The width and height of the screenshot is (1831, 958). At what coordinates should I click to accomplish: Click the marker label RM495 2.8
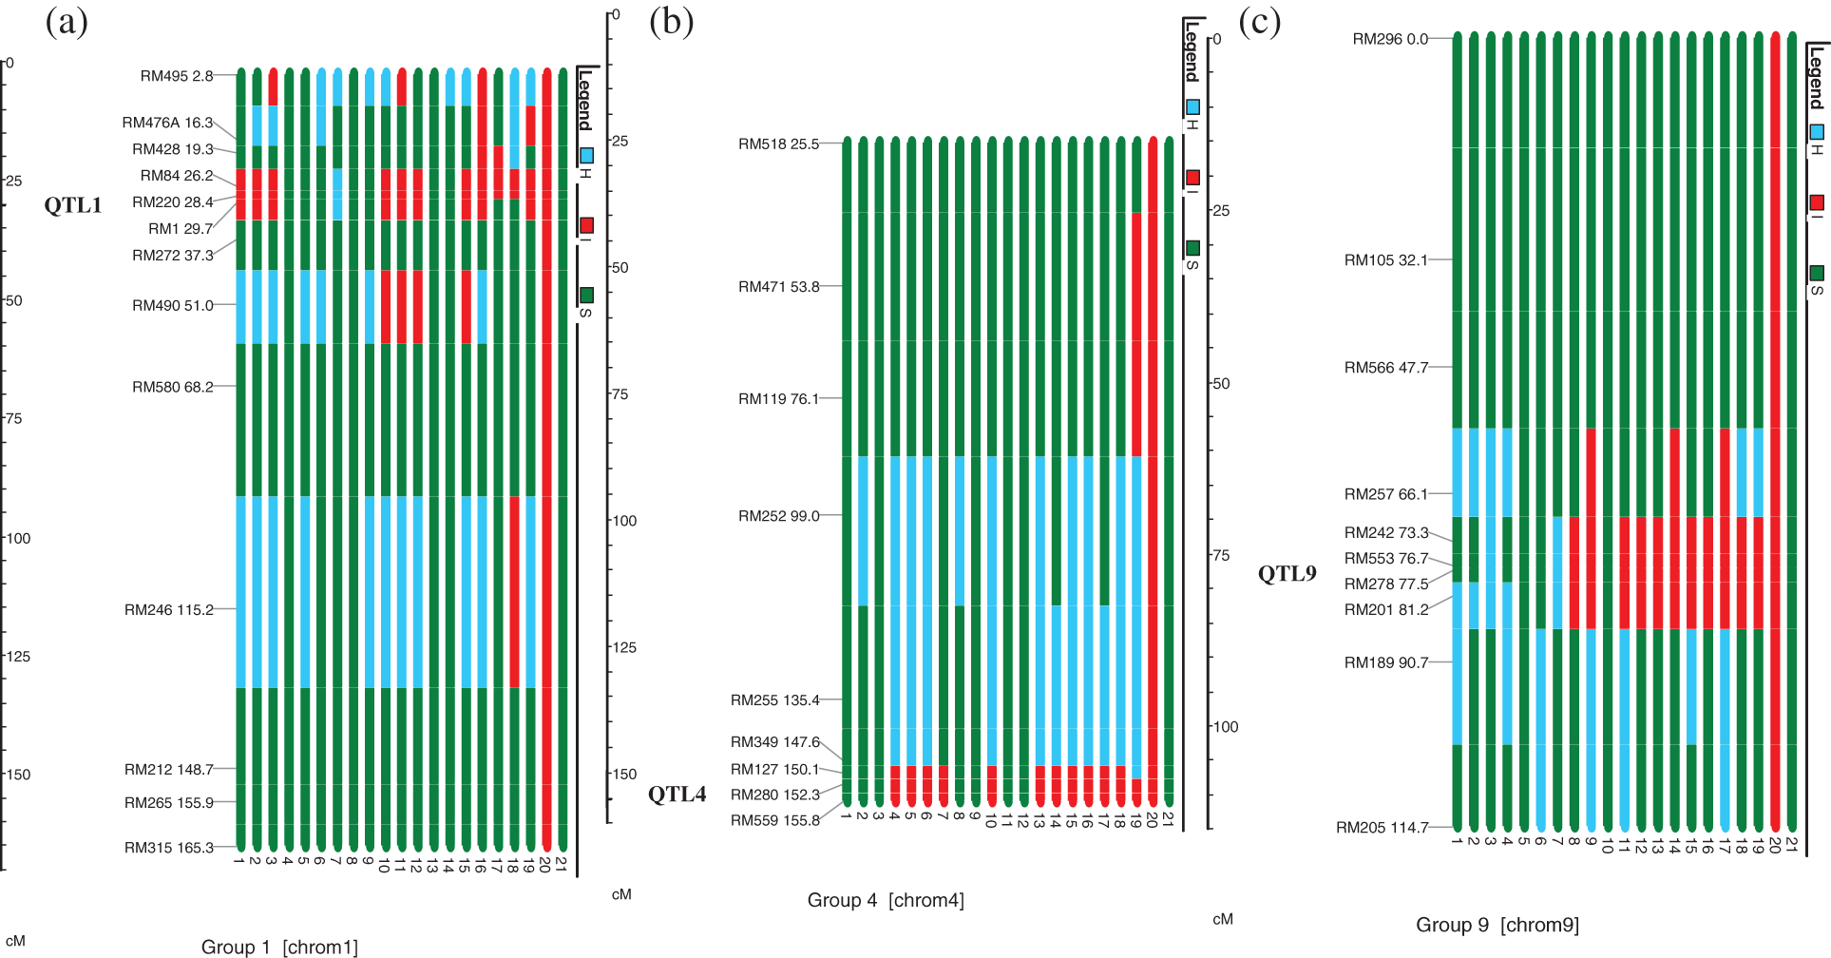coord(177,76)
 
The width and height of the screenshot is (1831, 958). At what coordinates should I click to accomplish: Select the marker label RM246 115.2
coord(169,610)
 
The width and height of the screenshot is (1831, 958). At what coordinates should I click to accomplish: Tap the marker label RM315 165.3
coord(169,848)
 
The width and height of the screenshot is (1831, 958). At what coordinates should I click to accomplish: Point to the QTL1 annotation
coord(73,205)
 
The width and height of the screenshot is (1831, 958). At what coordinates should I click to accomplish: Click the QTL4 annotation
coord(677,795)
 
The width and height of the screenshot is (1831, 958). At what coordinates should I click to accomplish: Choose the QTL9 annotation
coord(1287,573)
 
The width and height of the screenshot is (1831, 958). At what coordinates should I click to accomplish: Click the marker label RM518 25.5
coord(778,144)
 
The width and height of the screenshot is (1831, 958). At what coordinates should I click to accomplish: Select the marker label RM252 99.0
coord(778,516)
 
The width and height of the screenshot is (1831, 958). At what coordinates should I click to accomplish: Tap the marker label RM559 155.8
coord(774,821)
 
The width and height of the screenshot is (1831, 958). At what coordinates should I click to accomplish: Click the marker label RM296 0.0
coord(1390,39)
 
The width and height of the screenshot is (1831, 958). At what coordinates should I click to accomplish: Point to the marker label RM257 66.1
coord(1385,494)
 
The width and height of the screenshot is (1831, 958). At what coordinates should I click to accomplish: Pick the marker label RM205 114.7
coord(1382,828)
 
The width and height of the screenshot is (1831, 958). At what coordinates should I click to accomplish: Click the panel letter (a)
coord(67,21)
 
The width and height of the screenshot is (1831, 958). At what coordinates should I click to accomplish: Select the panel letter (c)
coord(1260,21)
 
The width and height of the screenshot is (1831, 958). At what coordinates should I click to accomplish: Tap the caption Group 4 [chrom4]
coord(886,900)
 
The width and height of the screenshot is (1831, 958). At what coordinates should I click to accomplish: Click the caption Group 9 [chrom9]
coord(1497,925)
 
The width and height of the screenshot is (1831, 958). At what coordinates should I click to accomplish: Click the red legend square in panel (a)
coord(586,225)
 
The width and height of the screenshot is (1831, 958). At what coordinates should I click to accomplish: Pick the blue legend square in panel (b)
coord(1192,107)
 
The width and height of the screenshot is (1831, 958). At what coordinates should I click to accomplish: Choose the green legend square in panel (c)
coord(1817,273)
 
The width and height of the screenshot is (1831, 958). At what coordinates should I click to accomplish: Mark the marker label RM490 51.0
coord(173,306)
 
